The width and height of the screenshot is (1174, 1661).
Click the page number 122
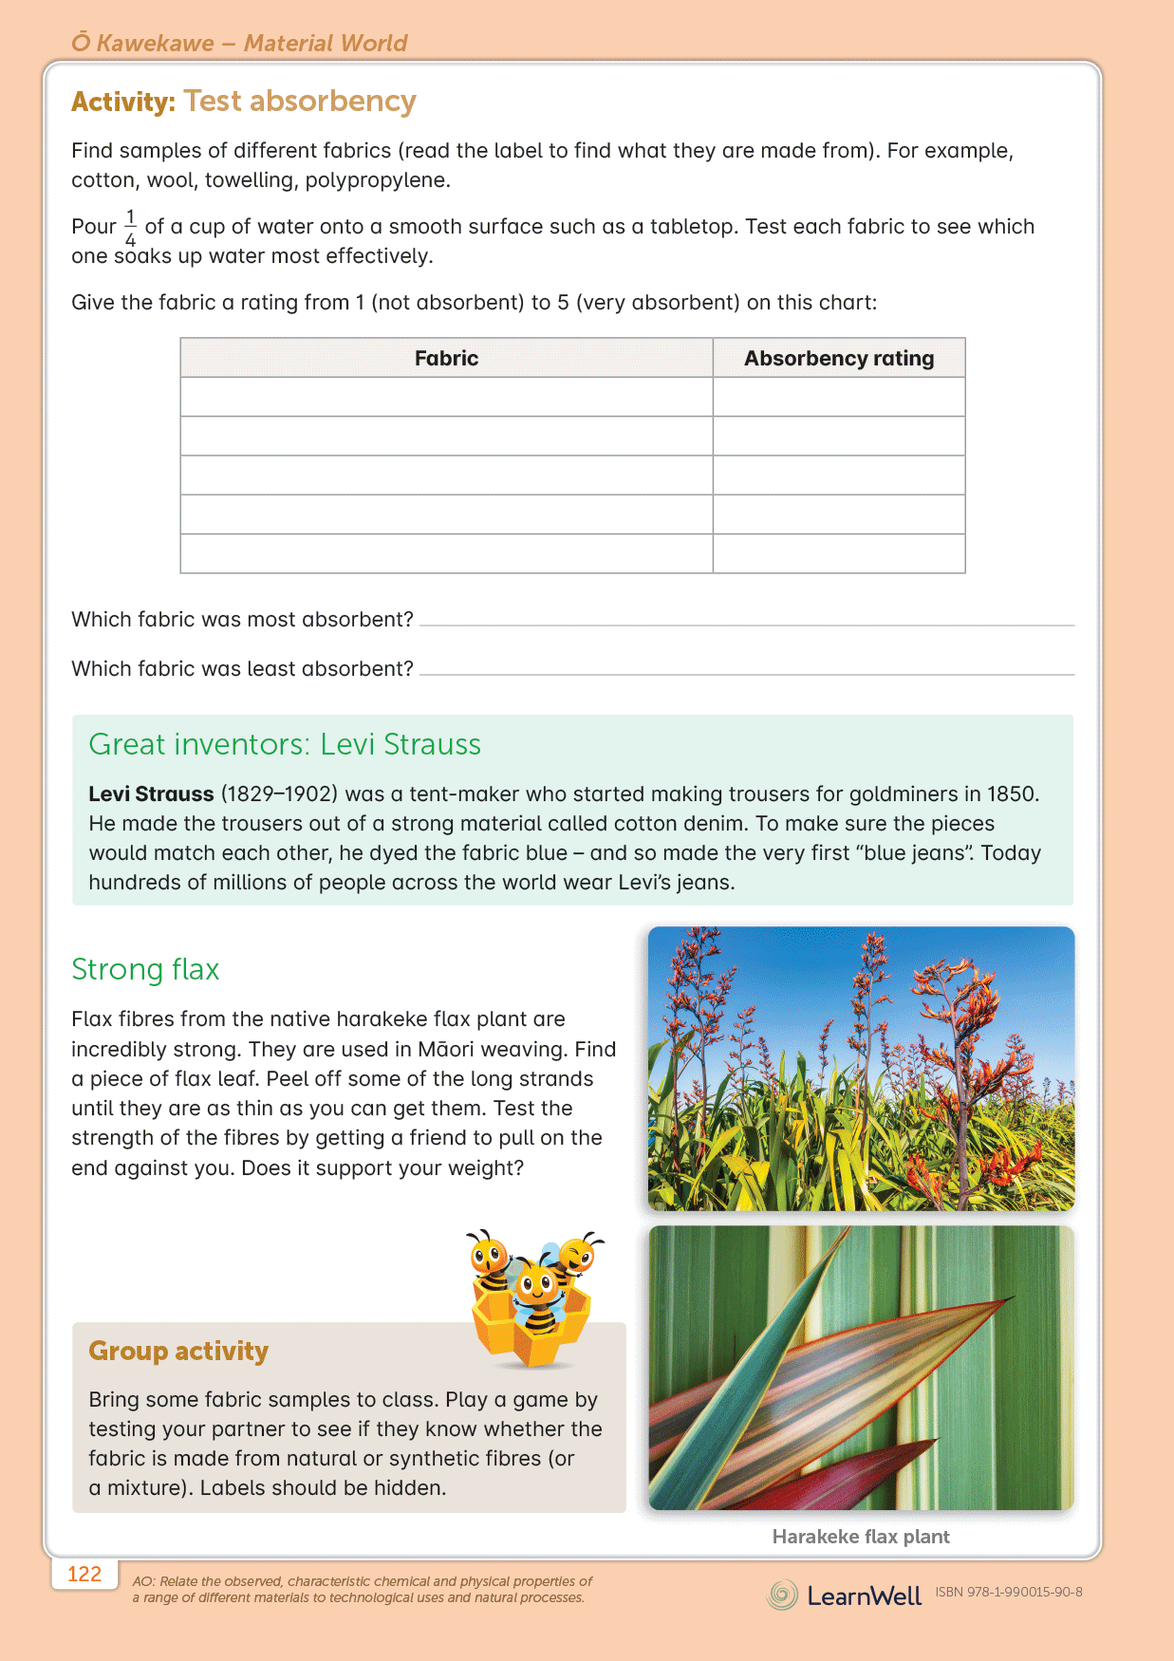84,1574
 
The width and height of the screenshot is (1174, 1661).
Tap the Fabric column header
446,358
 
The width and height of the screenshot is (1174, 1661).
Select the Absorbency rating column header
838,358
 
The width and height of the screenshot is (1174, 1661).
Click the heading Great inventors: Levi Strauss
285,744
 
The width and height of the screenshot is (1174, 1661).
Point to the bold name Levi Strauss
151,793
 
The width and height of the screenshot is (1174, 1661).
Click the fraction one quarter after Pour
130,228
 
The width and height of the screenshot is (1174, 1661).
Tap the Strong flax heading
145,969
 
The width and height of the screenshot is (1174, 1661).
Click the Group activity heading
178,1351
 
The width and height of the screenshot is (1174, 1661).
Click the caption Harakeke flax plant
860,1536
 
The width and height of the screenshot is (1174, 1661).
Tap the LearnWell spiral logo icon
783,1595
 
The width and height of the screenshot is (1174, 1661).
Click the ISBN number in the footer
1008,1592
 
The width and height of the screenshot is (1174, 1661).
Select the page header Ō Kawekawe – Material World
239,43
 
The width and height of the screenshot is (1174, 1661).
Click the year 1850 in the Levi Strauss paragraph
1012,793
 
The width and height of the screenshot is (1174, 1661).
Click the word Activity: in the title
123,102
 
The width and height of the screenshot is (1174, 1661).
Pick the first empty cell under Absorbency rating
838,397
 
